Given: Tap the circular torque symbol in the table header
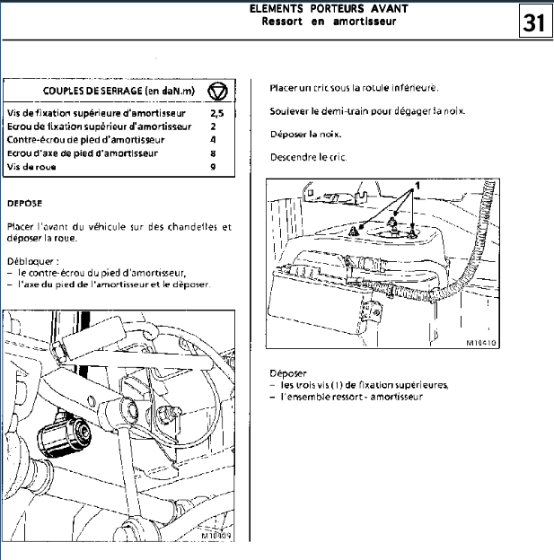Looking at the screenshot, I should point(217,92).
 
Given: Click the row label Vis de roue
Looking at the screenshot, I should point(26,167).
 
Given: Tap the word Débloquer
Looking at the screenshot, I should point(26,261).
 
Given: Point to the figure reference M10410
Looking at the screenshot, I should point(481,343).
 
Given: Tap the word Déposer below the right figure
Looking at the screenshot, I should point(288,372).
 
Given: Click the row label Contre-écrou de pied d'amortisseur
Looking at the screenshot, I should point(85,141).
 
